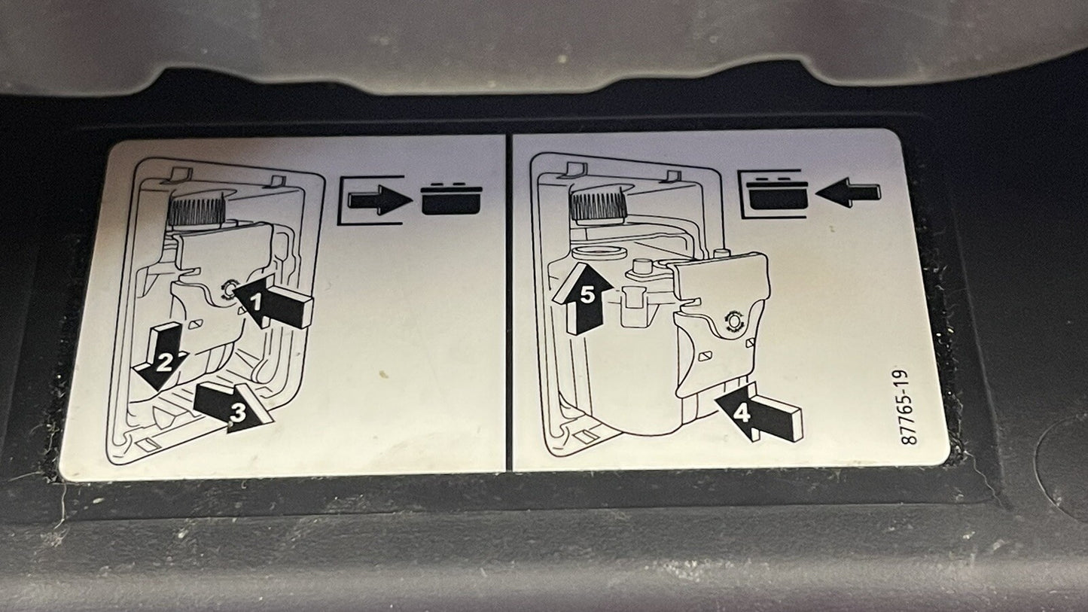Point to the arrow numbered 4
pos(757,413)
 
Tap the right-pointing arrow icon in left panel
pos(379,200)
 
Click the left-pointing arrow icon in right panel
pos(848,193)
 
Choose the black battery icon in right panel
pos(778,193)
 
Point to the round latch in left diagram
pos(227,290)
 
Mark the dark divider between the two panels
pos(509,302)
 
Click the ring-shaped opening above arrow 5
pos(599,253)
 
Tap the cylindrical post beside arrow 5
pos(642,267)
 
